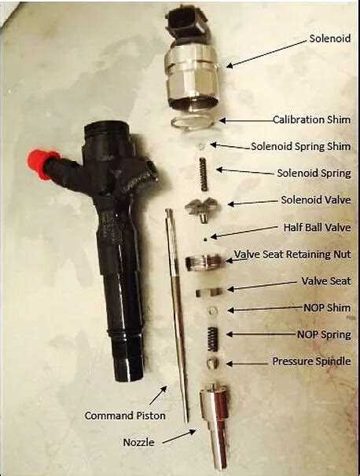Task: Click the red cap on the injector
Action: point(39,164)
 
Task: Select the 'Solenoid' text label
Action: point(330,38)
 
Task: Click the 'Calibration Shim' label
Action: point(312,119)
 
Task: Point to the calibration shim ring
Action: point(192,123)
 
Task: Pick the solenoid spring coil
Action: point(204,174)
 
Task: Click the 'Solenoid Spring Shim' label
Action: point(301,146)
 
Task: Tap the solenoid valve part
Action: point(204,209)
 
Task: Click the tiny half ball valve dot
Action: point(206,240)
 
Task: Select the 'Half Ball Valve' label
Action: point(318,227)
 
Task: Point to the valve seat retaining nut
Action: point(205,262)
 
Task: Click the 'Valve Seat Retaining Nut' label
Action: point(292,254)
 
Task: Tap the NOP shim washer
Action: point(213,311)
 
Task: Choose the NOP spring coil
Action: point(213,339)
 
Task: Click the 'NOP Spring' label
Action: point(324,335)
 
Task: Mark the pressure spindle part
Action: point(213,364)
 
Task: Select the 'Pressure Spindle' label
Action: point(312,361)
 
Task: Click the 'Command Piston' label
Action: point(125,416)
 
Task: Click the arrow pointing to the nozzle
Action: point(179,436)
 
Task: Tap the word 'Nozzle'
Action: point(138,442)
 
